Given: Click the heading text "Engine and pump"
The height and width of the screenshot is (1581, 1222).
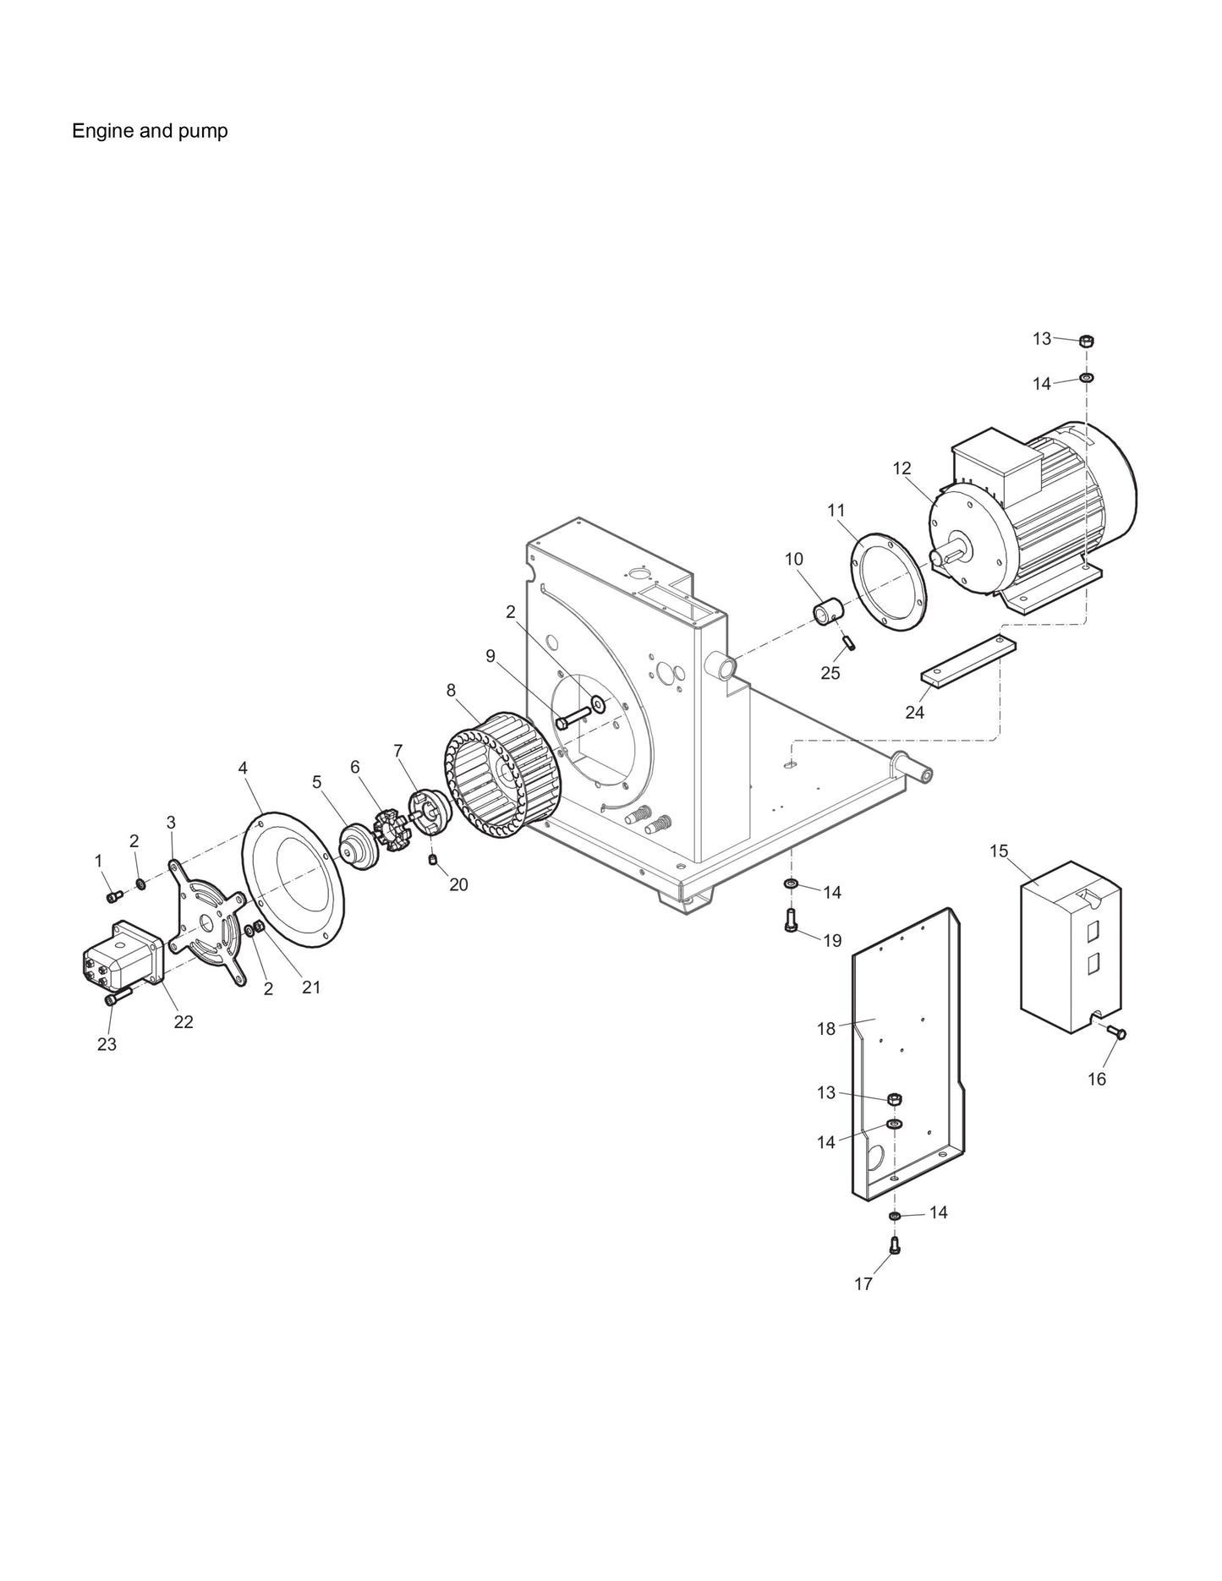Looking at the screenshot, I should (150, 131).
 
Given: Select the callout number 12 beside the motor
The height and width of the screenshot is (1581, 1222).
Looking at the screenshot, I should (901, 468).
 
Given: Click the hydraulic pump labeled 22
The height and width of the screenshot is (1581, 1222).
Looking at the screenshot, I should (122, 955).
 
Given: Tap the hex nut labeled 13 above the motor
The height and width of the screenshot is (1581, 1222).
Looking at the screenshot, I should (1088, 341).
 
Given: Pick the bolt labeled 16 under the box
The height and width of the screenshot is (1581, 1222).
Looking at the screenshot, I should (1115, 1032).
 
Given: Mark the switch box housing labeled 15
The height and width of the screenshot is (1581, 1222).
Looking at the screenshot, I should (1071, 947).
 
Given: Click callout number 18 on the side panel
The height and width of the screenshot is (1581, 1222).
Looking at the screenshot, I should (826, 1029).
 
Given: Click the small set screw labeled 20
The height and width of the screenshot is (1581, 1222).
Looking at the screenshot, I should (433, 861).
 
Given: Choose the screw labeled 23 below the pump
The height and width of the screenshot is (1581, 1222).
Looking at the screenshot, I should (116, 998).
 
